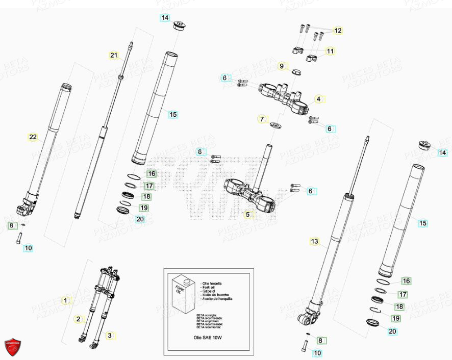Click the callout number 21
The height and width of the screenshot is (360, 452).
114,55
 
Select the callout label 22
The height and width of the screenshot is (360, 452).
33,137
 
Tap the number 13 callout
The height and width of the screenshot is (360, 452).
314,241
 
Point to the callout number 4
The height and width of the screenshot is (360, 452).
318,99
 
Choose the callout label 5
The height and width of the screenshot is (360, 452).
248,215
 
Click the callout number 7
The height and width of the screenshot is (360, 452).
262,119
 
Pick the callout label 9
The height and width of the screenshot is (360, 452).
281,66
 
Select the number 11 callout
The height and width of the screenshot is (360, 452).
330,51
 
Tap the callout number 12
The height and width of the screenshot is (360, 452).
338,31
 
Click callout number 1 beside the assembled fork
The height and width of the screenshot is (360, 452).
65,300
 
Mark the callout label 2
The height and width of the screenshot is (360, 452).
78,319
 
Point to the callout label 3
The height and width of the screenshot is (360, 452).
109,336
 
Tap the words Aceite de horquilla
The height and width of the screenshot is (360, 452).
217,299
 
